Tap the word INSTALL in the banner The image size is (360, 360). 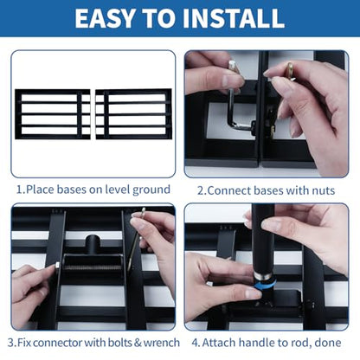click(x=234, y=18)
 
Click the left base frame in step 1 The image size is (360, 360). click(x=53, y=114)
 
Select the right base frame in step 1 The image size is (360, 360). click(x=133, y=114)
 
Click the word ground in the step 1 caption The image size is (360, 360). click(x=151, y=190)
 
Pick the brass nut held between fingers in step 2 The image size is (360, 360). click(x=290, y=72)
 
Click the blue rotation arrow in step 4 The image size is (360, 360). click(x=266, y=285)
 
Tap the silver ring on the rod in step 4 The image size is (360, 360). click(x=262, y=276)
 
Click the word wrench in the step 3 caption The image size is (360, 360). click(x=162, y=343)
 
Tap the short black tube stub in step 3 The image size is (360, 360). click(x=93, y=244)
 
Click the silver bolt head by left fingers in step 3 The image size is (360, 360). click(x=57, y=265)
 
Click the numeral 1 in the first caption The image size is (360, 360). click(x=19, y=190)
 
